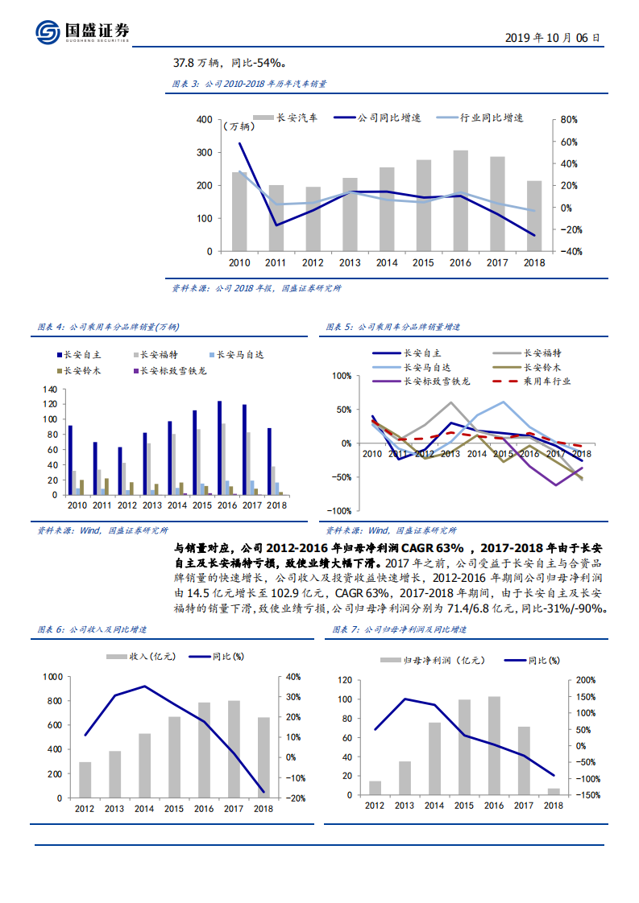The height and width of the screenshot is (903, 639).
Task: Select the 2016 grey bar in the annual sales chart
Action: [x=460, y=200]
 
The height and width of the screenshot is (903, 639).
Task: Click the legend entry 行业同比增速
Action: [x=479, y=118]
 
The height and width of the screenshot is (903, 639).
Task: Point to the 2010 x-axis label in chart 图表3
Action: [x=239, y=262]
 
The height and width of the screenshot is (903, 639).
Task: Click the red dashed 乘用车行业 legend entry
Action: [x=533, y=381]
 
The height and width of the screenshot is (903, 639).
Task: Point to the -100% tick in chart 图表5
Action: [x=341, y=511]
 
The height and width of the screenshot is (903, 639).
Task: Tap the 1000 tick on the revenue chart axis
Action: [x=51, y=678]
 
